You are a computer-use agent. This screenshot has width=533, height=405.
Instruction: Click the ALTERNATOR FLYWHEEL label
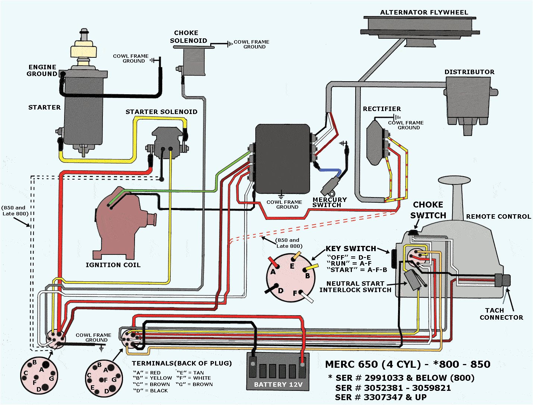tap(424, 12)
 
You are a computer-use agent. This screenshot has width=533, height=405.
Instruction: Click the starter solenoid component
tap(167, 140)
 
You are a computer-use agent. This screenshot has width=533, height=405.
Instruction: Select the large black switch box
tap(283, 158)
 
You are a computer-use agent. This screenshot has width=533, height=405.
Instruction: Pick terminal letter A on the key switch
tap(273, 272)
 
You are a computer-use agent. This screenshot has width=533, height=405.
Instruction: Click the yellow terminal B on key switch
tap(312, 268)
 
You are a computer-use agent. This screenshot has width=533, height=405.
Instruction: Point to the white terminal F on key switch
tap(306, 297)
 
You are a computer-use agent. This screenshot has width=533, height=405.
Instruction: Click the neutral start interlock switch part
tap(413, 279)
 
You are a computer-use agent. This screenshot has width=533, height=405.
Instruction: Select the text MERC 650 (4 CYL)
tap(376, 364)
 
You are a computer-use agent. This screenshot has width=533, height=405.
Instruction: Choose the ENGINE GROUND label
tap(42, 70)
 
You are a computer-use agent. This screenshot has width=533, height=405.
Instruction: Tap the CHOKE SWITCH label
tap(428, 210)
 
